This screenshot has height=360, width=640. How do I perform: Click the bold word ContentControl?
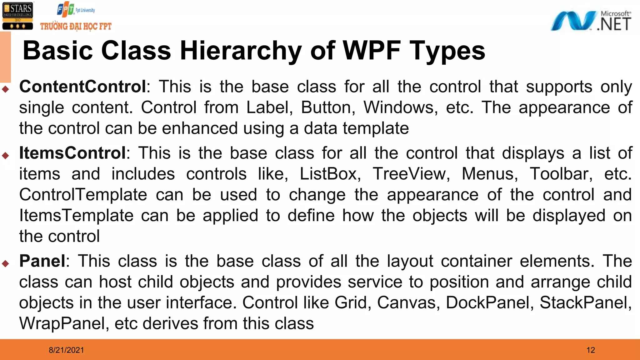pyautogui.click(x=82, y=87)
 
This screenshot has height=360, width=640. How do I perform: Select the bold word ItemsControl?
pyautogui.click(x=72, y=153)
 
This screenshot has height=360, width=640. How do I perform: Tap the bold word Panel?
pyautogui.click(x=42, y=261)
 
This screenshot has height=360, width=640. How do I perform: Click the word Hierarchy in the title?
pyautogui.click(x=241, y=51)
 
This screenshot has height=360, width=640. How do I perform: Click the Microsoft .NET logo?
pyautogui.click(x=591, y=21)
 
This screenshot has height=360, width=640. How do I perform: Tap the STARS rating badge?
pyautogui.click(x=17, y=16)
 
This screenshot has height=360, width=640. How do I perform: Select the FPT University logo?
pyautogui.click(x=76, y=10)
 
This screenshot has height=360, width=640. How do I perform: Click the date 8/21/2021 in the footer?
pyautogui.click(x=66, y=350)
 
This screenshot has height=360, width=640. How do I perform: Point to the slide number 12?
pyautogui.click(x=591, y=350)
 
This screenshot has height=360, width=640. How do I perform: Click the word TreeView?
pyautogui.click(x=411, y=174)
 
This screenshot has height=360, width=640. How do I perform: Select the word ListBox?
pyautogui.click(x=329, y=174)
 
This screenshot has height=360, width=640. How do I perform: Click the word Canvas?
pyautogui.click(x=407, y=302)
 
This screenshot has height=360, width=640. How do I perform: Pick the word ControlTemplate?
pyautogui.click(x=83, y=195)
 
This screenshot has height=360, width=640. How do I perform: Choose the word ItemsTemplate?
pyautogui.click(x=76, y=216)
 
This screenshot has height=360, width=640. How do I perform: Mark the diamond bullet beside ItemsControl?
pyautogui.click(x=5, y=155)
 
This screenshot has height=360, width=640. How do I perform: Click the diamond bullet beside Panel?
pyautogui.click(x=5, y=263)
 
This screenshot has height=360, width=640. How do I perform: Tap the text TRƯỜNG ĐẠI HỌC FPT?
pyautogui.click(x=76, y=26)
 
